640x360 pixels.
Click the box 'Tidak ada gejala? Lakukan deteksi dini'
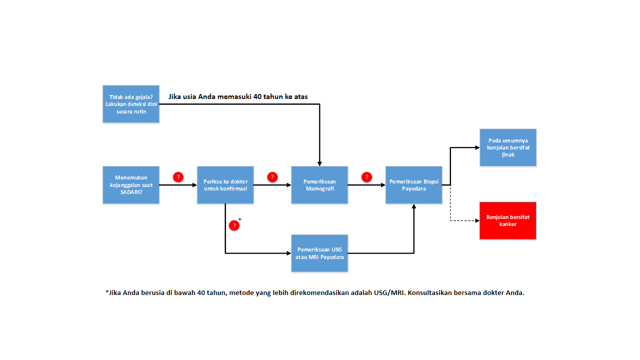(x=131, y=104)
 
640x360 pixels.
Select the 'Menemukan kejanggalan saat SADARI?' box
(x=131, y=185)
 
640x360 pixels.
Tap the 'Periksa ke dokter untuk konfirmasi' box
(x=225, y=185)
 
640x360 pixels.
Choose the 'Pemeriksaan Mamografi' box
(x=319, y=185)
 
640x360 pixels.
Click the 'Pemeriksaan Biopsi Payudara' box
(x=414, y=185)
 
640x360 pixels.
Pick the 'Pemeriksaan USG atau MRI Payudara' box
(x=319, y=253)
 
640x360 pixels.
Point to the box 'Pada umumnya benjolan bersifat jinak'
(x=508, y=147)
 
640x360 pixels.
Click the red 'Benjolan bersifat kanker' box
(x=508, y=220)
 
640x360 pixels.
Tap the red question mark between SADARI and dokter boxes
(x=178, y=177)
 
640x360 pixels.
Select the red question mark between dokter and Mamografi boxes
(x=272, y=177)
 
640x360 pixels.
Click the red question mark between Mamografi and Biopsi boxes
(x=366, y=177)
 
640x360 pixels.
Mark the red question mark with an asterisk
(x=234, y=225)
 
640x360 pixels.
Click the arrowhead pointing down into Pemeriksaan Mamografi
(x=319, y=163)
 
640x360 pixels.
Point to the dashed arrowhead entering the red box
(x=476, y=220)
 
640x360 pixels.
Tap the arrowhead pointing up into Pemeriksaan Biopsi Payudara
(x=414, y=206)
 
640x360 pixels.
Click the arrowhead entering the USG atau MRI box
(x=288, y=253)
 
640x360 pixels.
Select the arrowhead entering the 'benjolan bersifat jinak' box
(x=477, y=147)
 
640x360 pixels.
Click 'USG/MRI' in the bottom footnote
(x=391, y=293)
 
